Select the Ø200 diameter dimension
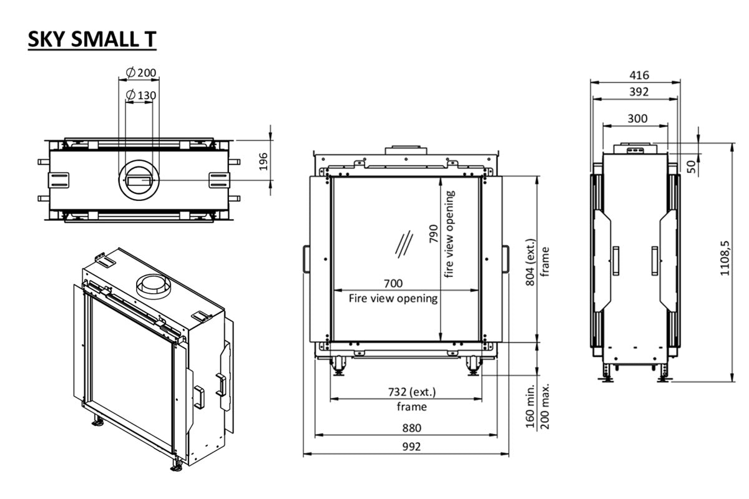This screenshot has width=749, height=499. (x=140, y=72)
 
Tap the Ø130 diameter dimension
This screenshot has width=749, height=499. (x=140, y=95)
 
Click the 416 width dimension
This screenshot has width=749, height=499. (x=639, y=75)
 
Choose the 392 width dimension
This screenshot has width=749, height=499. (x=639, y=92)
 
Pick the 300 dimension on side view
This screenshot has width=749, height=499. (x=637, y=118)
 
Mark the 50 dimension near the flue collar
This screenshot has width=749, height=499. (x=690, y=165)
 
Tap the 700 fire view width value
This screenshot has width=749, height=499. (x=393, y=284)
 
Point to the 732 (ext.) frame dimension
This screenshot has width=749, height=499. (x=411, y=392)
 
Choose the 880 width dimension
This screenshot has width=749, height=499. (x=411, y=428)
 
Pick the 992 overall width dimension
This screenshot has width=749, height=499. (x=411, y=447)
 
